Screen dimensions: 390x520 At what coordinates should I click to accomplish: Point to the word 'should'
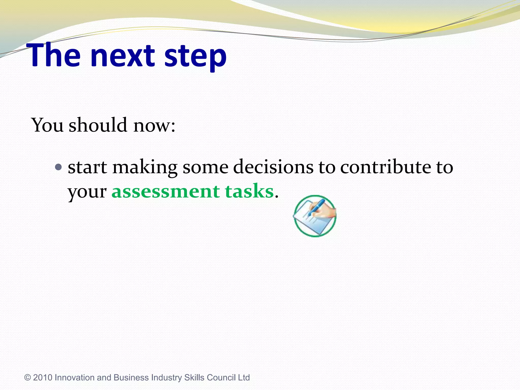[98, 125]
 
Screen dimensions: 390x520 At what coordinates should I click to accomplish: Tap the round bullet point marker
[58, 167]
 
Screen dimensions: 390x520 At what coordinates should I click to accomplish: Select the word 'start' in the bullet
[87, 168]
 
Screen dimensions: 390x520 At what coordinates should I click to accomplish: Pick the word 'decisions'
[273, 167]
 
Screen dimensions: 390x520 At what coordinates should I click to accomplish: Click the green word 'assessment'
[166, 191]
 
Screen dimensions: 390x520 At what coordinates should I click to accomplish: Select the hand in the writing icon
[326, 212]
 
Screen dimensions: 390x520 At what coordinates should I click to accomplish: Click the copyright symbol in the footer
[27, 378]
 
